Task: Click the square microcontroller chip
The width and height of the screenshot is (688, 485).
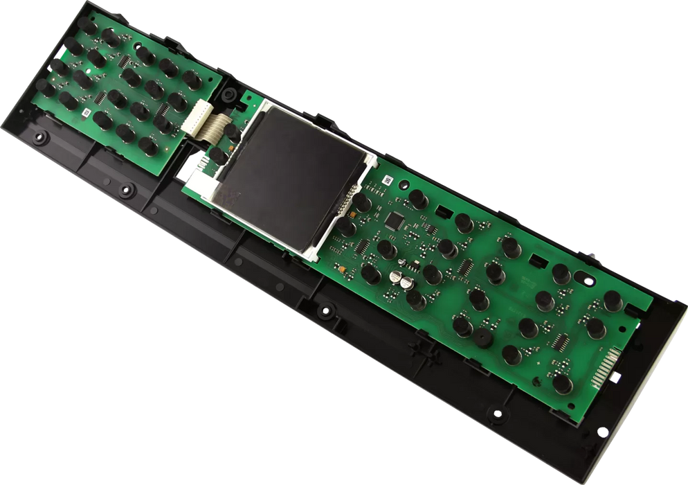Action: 395,220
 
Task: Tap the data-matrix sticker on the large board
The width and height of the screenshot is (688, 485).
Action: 387,181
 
